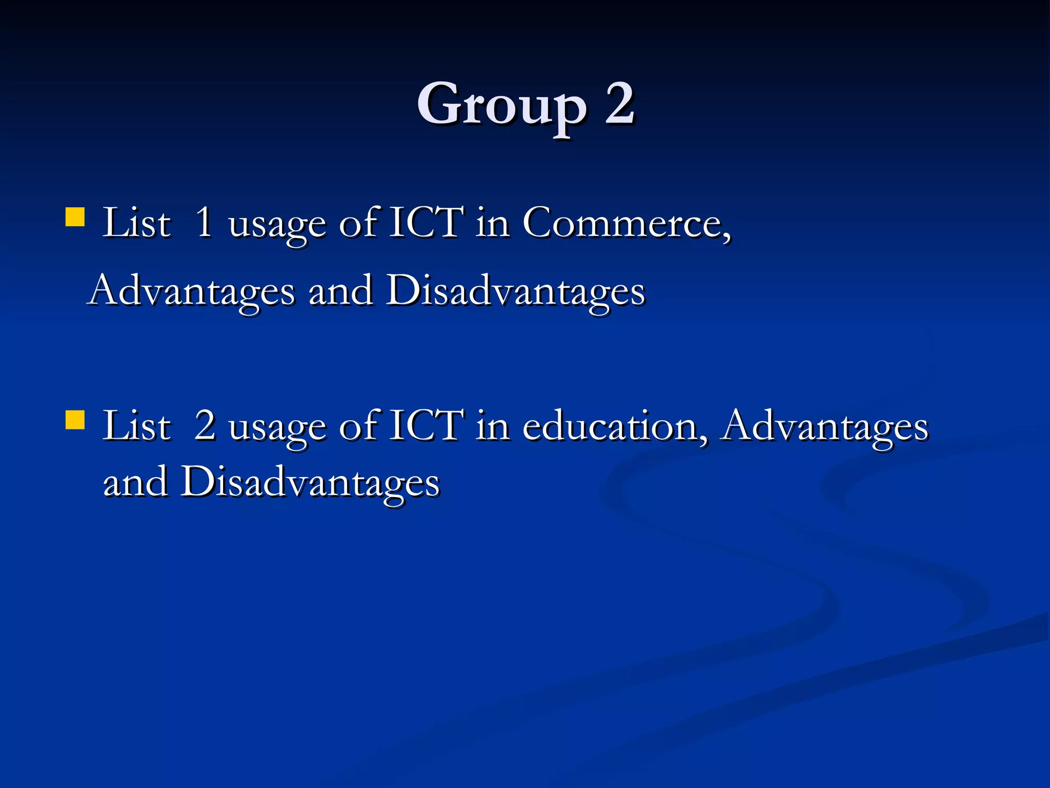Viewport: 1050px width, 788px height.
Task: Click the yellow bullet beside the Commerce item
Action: click(75, 217)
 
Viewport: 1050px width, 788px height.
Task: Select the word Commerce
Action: click(626, 223)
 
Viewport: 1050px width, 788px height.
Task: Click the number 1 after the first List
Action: click(204, 223)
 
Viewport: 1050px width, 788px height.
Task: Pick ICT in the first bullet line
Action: click(427, 223)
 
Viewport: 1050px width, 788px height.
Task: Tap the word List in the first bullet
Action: click(136, 223)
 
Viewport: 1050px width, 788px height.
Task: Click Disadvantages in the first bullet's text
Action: click(515, 291)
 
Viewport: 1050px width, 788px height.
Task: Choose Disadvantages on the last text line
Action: click(310, 482)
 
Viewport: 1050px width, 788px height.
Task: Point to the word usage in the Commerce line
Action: click(277, 226)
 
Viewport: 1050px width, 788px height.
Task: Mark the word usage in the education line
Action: click(277, 428)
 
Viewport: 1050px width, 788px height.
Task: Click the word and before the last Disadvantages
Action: click(135, 482)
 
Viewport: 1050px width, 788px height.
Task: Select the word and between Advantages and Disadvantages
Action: click(340, 291)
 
